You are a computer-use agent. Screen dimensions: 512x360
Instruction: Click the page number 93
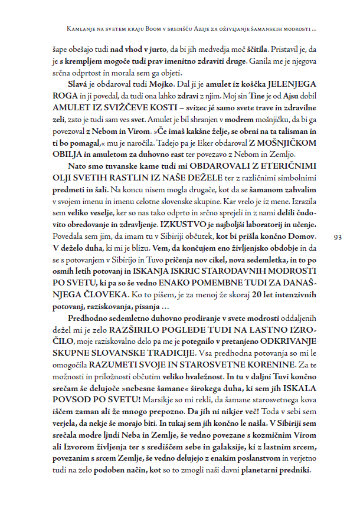point(338,237)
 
